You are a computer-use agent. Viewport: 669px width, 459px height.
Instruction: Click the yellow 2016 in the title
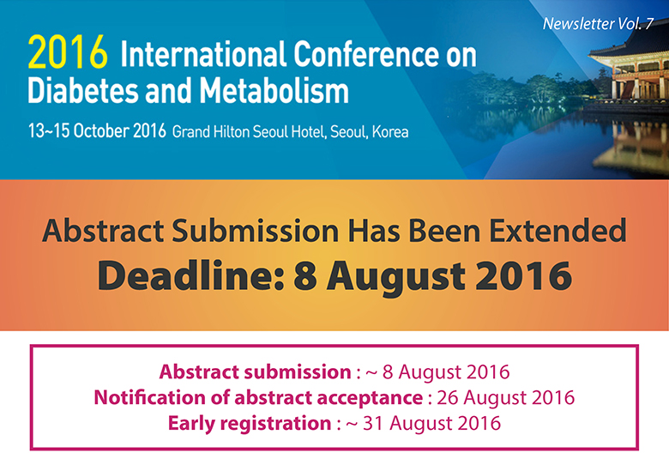(x=68, y=52)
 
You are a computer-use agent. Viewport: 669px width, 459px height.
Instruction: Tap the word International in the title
(x=202, y=54)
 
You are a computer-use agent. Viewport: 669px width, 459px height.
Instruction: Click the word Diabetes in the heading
(x=83, y=90)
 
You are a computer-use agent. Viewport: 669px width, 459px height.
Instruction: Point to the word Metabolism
(x=274, y=90)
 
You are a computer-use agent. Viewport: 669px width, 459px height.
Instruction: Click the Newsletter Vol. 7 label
(x=598, y=24)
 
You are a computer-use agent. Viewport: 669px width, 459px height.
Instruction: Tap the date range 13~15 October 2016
(x=97, y=130)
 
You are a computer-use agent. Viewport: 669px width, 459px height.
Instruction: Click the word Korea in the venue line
(x=390, y=131)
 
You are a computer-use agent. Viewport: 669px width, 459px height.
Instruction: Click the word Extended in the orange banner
(x=557, y=231)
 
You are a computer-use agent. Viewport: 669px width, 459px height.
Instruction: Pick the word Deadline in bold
(x=190, y=275)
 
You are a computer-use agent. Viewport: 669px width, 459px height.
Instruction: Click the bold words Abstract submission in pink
(x=255, y=371)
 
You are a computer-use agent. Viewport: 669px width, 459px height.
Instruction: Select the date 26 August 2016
(x=505, y=397)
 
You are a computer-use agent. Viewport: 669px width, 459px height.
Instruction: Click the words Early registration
(x=250, y=424)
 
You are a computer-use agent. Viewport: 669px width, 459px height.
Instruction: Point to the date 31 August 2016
(x=431, y=423)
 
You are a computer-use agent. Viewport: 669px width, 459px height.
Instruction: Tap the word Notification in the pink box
(x=150, y=397)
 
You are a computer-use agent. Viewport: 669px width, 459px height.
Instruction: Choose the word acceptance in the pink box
(x=371, y=398)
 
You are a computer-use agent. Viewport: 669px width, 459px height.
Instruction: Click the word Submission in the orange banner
(x=255, y=231)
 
